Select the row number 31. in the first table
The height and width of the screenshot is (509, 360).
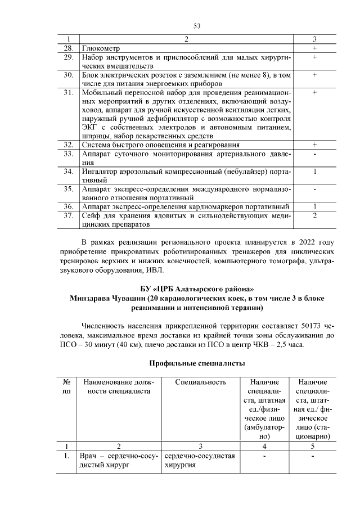[69, 92]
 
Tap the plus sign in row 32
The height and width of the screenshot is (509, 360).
[315, 145]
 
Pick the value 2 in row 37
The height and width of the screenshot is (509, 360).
[315, 215]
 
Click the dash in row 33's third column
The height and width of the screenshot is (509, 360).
[315, 154]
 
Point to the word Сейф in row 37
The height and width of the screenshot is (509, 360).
[90, 215]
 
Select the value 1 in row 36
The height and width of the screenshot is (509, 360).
[315, 206]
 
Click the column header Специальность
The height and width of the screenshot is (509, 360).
[201, 382]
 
